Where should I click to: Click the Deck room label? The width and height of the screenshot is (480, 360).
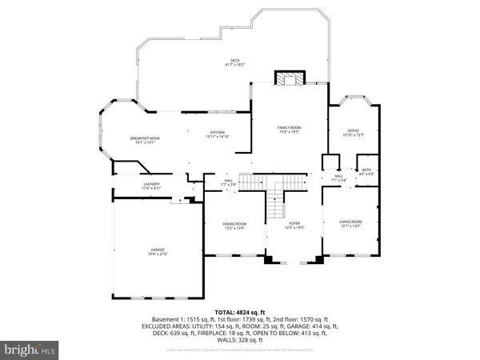pos(235,61)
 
